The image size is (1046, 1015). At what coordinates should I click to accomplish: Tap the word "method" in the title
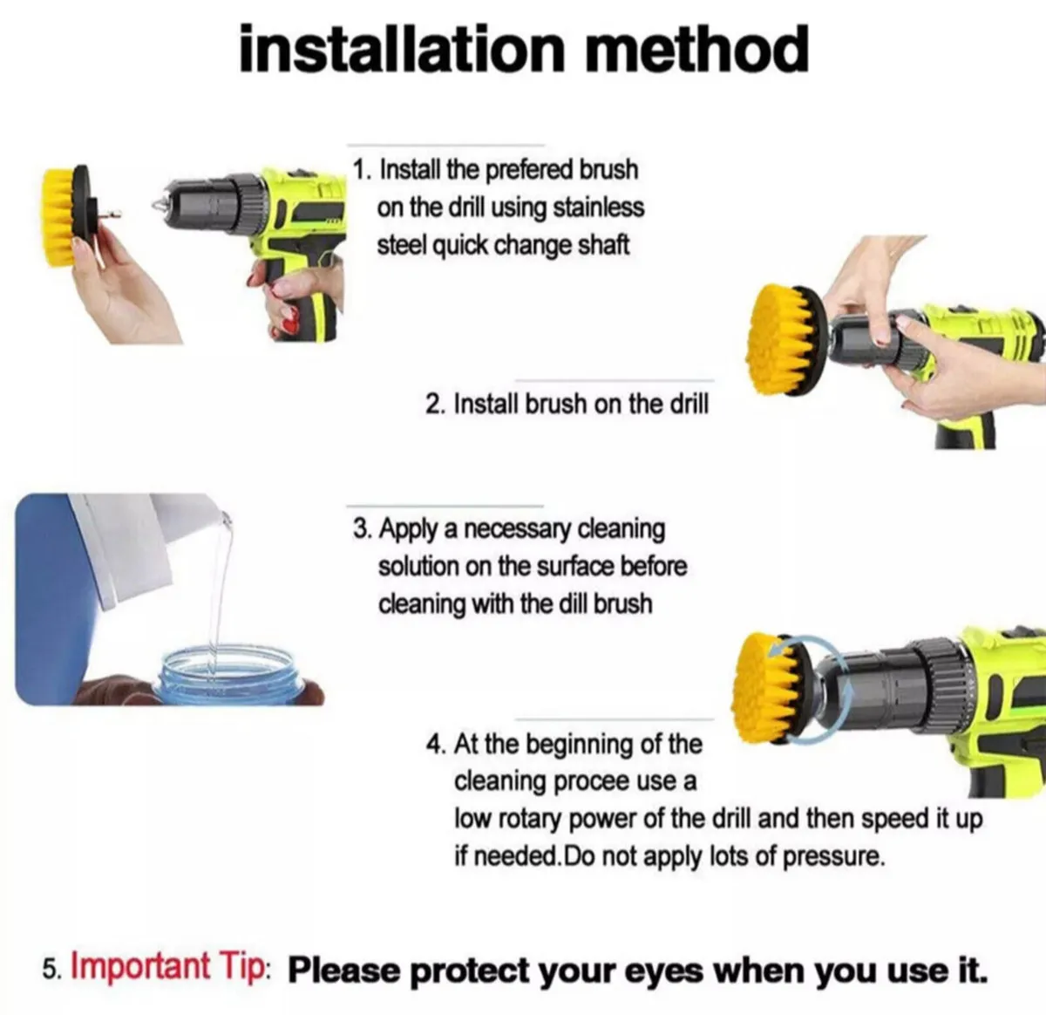(696, 50)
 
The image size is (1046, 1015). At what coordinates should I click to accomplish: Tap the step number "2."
(436, 405)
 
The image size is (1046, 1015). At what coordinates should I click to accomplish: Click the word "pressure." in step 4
(833, 856)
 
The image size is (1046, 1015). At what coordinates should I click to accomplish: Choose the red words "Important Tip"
(166, 967)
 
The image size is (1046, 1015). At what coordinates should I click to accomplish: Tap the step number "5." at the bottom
(52, 970)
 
